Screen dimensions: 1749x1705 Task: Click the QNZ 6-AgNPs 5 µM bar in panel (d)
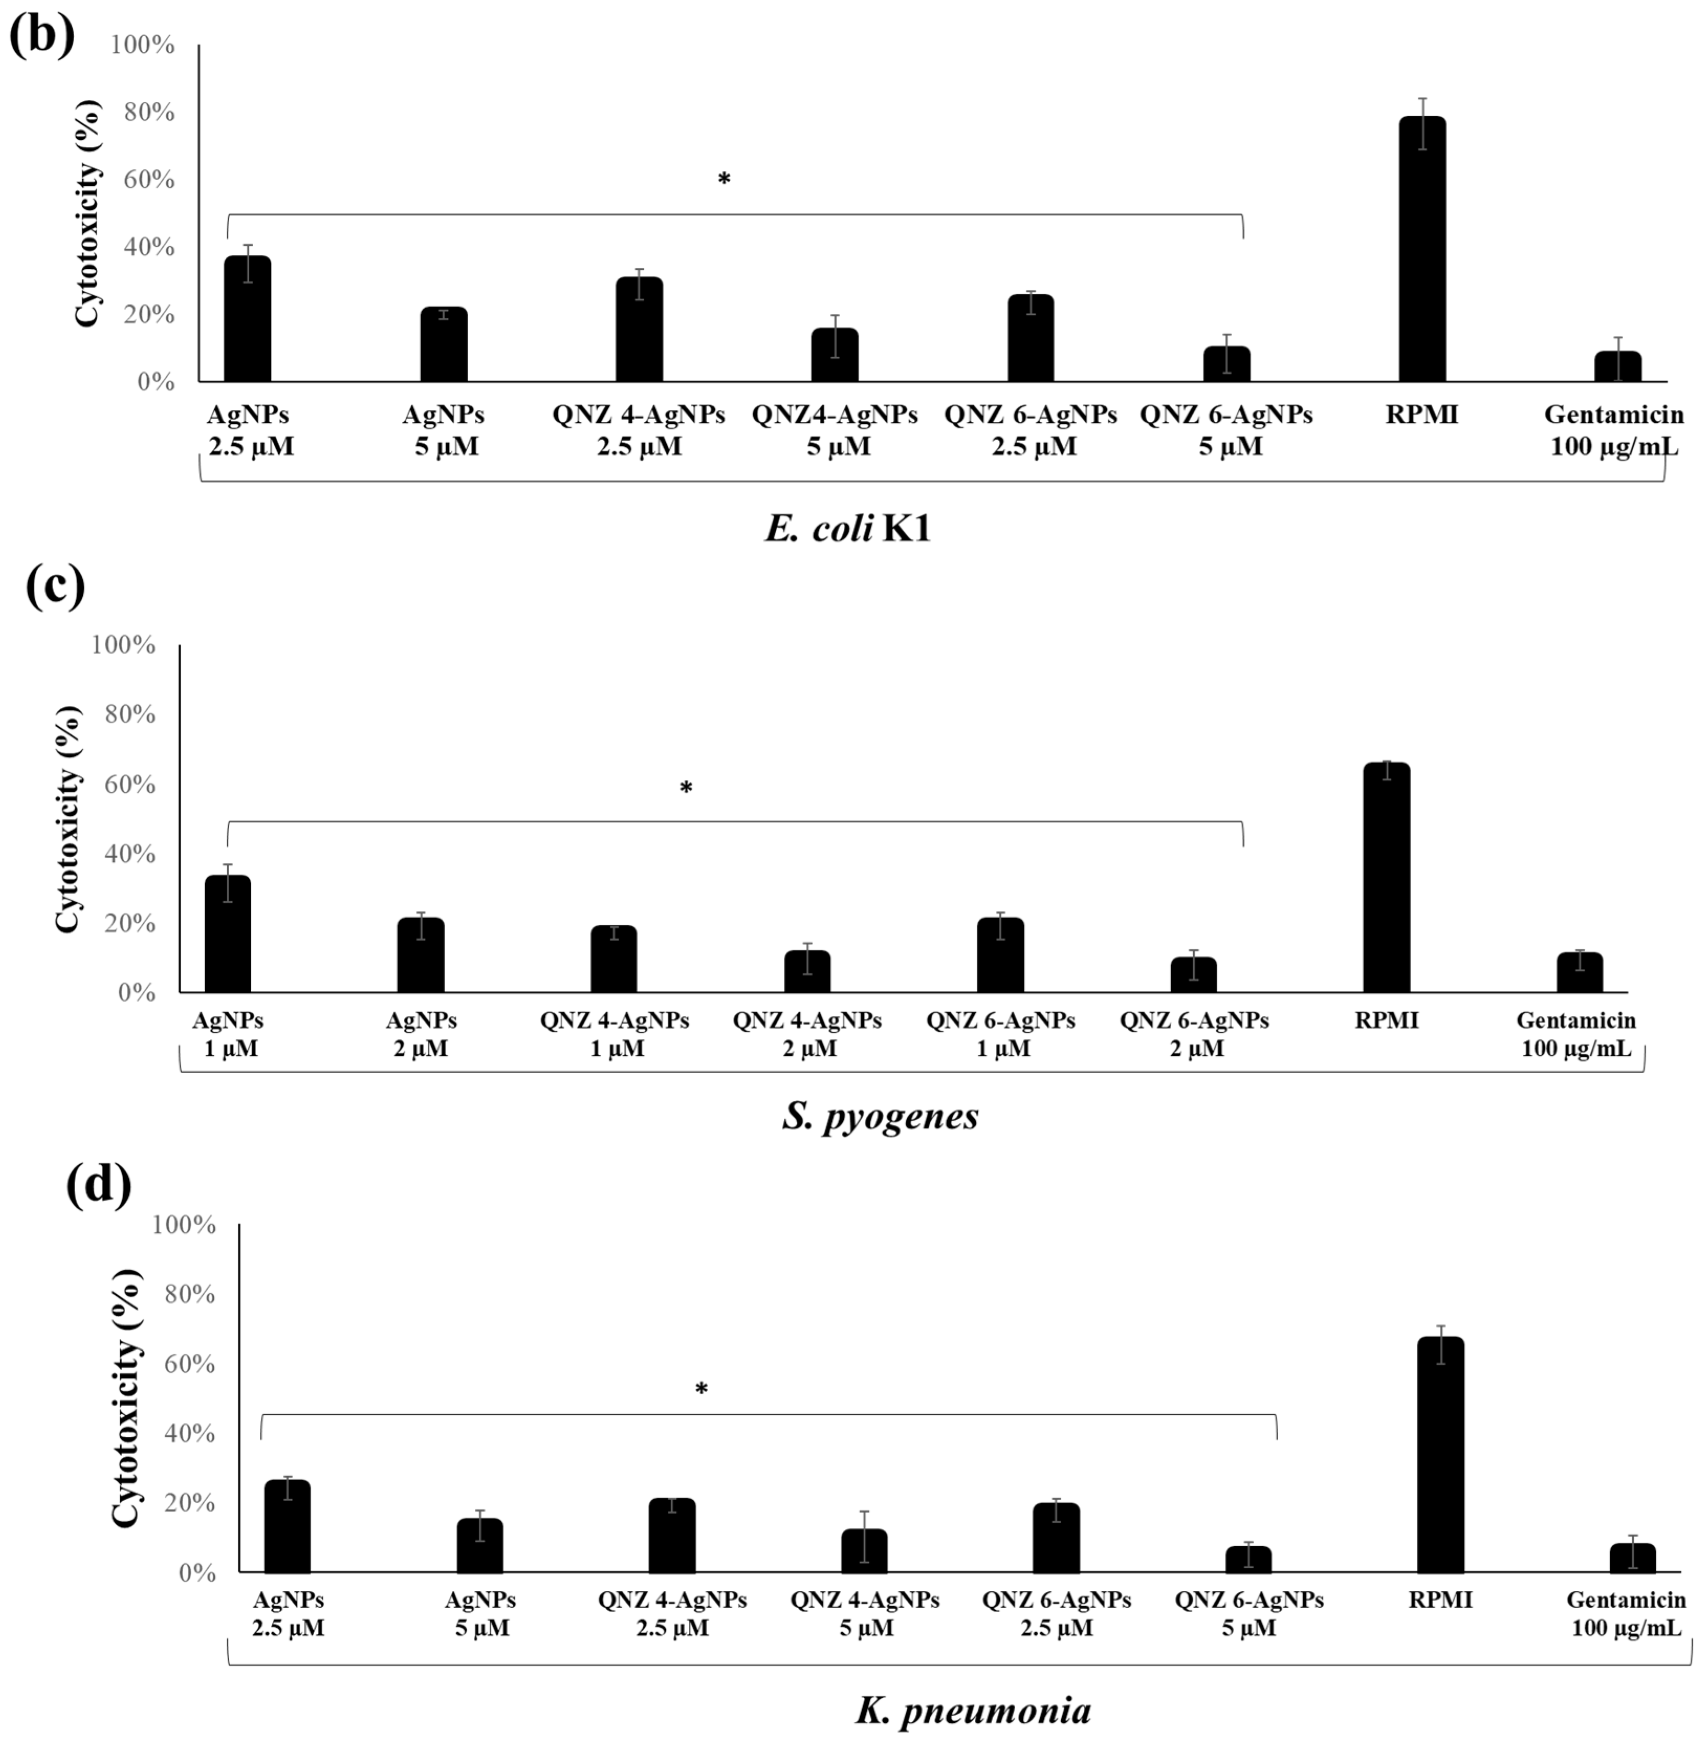(1248, 1559)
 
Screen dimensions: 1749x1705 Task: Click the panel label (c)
(56, 587)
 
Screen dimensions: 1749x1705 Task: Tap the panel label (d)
(98, 1184)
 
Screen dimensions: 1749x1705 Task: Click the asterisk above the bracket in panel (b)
(723, 178)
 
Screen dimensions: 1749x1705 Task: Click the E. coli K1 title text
(847, 528)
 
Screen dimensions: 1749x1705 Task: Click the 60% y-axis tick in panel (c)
(124, 784)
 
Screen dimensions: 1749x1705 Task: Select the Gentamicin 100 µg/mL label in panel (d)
(1625, 1614)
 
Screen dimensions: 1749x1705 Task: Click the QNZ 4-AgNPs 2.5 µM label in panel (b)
(639, 430)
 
